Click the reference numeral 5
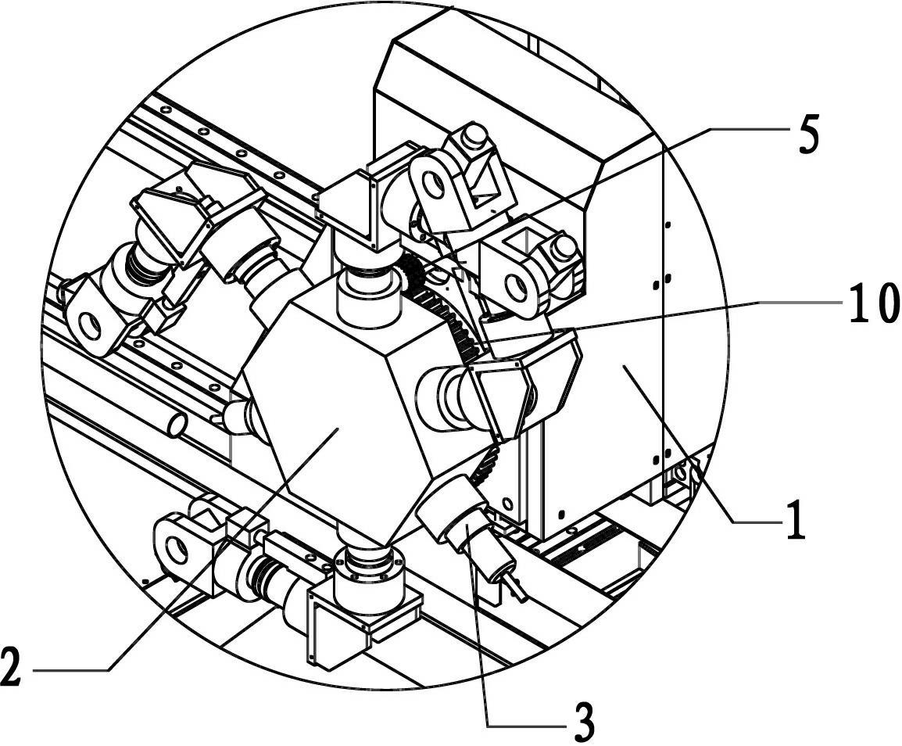pos(809,134)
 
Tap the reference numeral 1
pos(796,520)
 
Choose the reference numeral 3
pos(583,723)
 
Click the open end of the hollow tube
pos(177,425)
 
